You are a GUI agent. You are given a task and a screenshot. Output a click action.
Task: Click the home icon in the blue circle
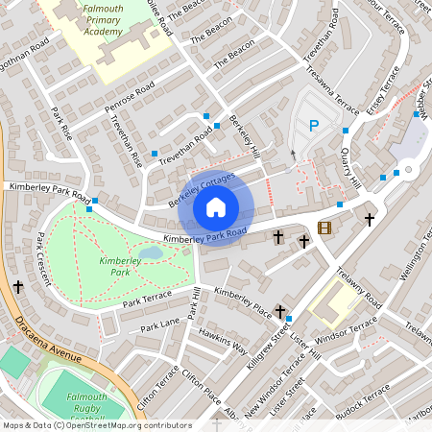(x=216, y=207)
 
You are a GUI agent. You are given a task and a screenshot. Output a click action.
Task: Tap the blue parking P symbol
(x=313, y=124)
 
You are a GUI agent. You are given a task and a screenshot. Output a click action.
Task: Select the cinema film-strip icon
(x=324, y=228)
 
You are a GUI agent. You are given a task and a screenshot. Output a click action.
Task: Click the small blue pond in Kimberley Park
(x=150, y=252)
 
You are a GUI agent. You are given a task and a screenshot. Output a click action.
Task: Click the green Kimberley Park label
(x=120, y=266)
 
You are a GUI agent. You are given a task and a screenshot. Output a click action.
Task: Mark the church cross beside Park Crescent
(x=18, y=286)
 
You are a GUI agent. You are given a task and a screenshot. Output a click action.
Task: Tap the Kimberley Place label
(x=243, y=299)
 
